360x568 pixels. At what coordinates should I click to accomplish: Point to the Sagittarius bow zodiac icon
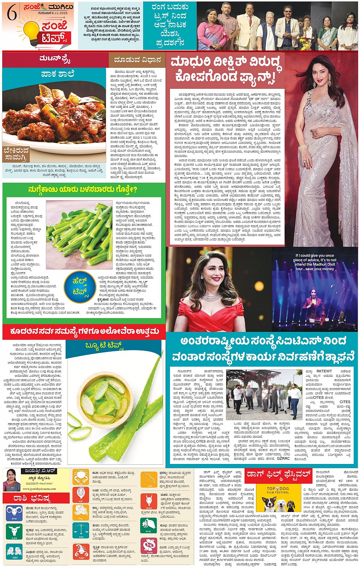click(x=149, y=478)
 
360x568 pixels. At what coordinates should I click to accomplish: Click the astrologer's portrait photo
click(x=11, y=480)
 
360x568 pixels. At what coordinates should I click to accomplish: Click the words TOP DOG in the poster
click(x=278, y=488)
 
